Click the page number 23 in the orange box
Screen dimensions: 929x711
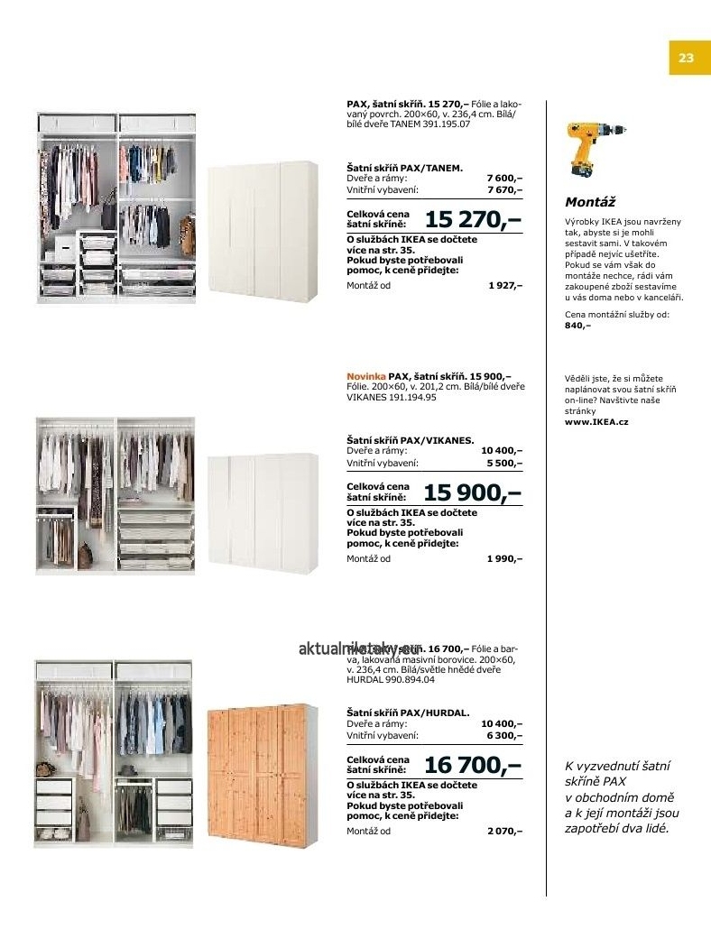pyautogui.click(x=686, y=59)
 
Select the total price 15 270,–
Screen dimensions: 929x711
pyautogui.click(x=473, y=219)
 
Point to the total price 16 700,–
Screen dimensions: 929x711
pyautogui.click(x=473, y=766)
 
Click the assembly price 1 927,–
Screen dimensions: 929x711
pyautogui.click(x=505, y=285)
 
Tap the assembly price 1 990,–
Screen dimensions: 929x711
pyautogui.click(x=504, y=558)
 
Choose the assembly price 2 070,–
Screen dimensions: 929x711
pyautogui.click(x=504, y=831)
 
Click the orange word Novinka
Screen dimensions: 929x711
pyautogui.click(x=365, y=375)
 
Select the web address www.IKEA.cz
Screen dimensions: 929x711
pyautogui.click(x=596, y=421)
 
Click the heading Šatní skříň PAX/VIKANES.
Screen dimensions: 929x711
pyautogui.click(x=411, y=440)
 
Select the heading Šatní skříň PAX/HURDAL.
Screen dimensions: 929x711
pyautogui.click(x=408, y=713)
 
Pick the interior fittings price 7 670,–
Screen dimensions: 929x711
pyautogui.click(x=504, y=190)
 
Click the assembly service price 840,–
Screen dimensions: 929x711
pyautogui.click(x=577, y=325)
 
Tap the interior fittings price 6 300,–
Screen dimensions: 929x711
pyautogui.click(x=504, y=735)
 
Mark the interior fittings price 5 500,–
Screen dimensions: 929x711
pyautogui.click(x=504, y=463)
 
